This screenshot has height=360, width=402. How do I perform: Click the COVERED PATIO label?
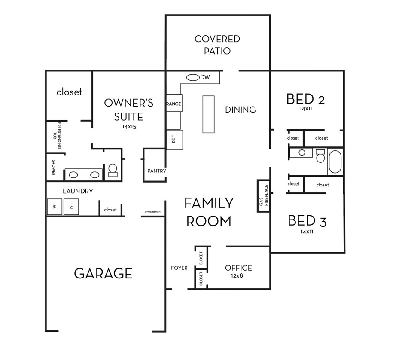pyautogui.click(x=217, y=45)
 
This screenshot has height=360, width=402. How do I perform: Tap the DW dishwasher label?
pyautogui.click(x=205, y=77)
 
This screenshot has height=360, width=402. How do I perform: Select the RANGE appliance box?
pyautogui.click(x=174, y=104)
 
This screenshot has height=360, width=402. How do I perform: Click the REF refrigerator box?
pyautogui.click(x=174, y=140)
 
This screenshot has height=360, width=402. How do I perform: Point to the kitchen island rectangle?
pyautogui.click(x=208, y=114)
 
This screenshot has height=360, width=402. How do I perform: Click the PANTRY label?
pyautogui.click(x=156, y=171)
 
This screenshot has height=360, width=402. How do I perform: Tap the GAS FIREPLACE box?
pyautogui.click(x=263, y=195)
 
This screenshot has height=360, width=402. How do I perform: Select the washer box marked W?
pyautogui.click(x=55, y=207)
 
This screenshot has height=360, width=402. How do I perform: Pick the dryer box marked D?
pyautogui.click(x=71, y=207)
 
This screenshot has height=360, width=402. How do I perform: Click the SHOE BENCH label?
pyautogui.click(x=152, y=212)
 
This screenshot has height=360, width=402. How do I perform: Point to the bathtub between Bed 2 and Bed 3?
pyautogui.click(x=335, y=162)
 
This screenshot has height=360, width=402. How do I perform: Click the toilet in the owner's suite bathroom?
pyautogui.click(x=113, y=171)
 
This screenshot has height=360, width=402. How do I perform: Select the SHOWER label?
pyautogui.click(x=54, y=168)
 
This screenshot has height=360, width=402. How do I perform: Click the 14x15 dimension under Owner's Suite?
pyautogui.click(x=129, y=127)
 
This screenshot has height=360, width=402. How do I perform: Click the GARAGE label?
pyautogui.click(x=103, y=273)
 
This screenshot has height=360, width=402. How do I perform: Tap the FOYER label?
pyautogui.click(x=179, y=268)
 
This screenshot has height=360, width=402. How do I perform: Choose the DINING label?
pyautogui.click(x=240, y=110)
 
